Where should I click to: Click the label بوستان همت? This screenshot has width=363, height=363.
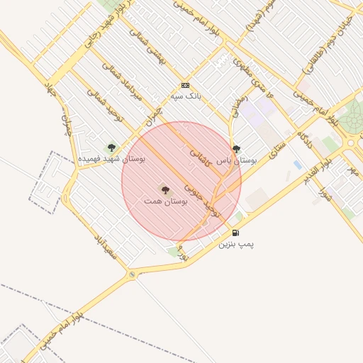165,202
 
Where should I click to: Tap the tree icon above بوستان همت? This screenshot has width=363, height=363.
165,190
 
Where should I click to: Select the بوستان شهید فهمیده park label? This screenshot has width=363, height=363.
111,160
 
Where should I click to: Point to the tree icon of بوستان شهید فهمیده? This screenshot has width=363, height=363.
111,147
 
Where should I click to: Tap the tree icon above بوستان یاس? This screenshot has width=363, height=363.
236,149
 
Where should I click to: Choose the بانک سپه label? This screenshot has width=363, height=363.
186,96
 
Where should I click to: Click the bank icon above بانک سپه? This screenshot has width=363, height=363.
186,85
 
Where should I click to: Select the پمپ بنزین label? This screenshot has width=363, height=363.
235,244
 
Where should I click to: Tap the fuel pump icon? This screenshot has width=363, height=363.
235,233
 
